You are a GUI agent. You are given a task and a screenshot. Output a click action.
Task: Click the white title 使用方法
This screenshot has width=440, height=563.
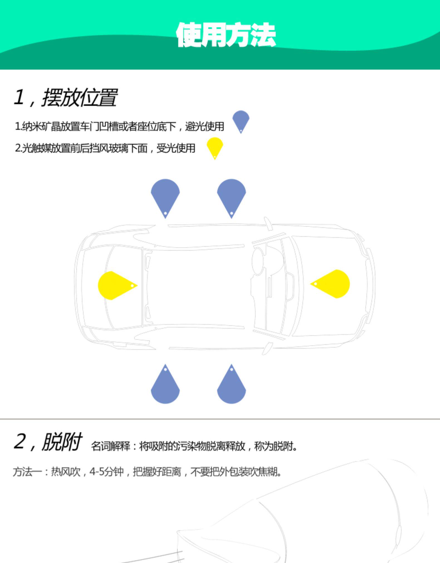pos(226,35)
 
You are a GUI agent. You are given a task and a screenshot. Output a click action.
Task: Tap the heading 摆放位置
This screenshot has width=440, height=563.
pos(80,98)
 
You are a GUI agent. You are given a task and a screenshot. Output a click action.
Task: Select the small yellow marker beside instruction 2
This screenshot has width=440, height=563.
pos(215,146)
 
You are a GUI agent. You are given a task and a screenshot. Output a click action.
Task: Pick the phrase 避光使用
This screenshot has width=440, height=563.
pos(205,127)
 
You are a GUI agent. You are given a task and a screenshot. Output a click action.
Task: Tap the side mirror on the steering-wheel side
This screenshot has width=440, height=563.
pos(268,223)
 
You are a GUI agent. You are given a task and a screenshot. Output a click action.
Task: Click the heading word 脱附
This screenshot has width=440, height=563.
pos(62,442)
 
